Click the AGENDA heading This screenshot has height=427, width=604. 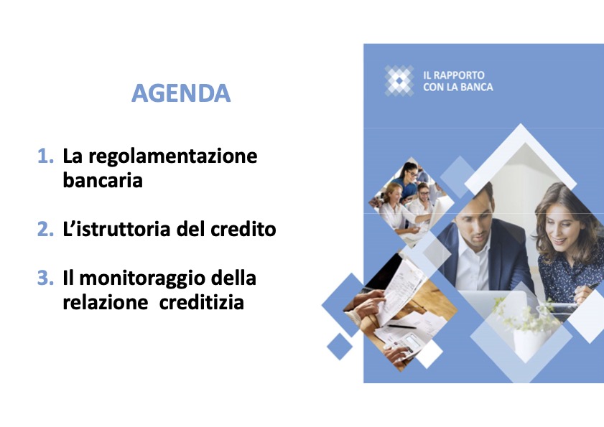(181, 93)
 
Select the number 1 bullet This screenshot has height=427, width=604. (45, 156)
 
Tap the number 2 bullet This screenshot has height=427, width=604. (45, 230)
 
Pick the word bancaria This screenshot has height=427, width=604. (103, 180)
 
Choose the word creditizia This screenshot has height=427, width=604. (203, 303)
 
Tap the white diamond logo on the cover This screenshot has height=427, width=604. (399, 80)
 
